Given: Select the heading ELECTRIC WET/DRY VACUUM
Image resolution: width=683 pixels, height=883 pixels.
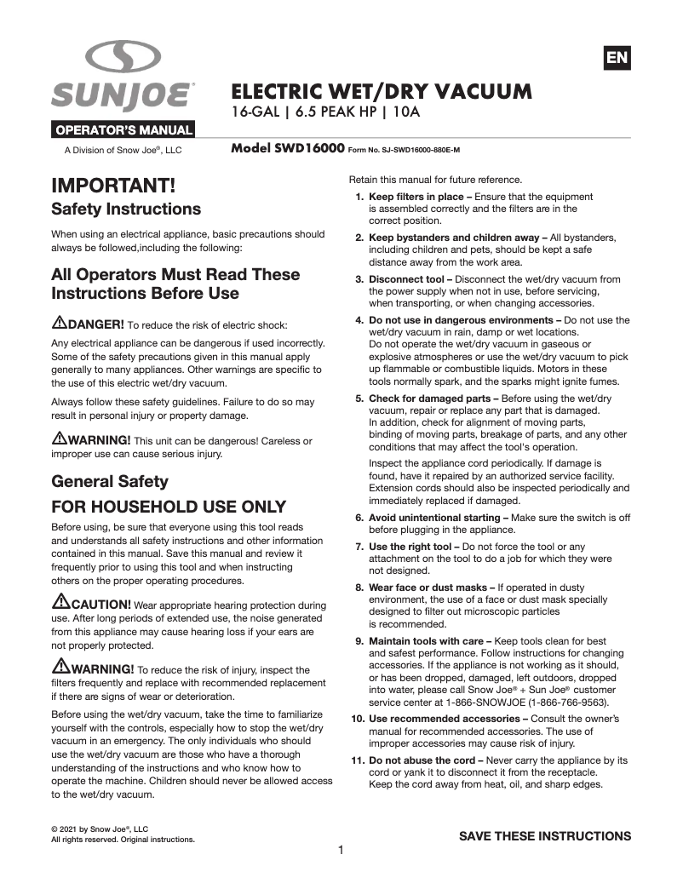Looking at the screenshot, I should tap(382, 91).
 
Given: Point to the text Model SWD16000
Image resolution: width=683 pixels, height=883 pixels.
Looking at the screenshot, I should tap(287, 148).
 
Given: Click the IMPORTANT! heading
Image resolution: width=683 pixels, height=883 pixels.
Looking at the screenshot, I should tap(113, 185).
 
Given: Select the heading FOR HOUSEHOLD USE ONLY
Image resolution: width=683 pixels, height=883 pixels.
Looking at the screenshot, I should tap(169, 507).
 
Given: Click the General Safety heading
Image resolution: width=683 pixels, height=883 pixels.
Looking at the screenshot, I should tap(110, 481).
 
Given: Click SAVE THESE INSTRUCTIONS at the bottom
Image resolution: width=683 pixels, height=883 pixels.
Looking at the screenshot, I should tap(545, 835).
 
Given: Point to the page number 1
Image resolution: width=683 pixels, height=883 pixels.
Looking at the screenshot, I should tap(341, 850).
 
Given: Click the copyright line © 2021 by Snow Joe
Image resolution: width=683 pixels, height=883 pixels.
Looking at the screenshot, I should tap(100, 829).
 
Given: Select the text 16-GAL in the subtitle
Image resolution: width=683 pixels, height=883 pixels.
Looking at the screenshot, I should tap(256, 112).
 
